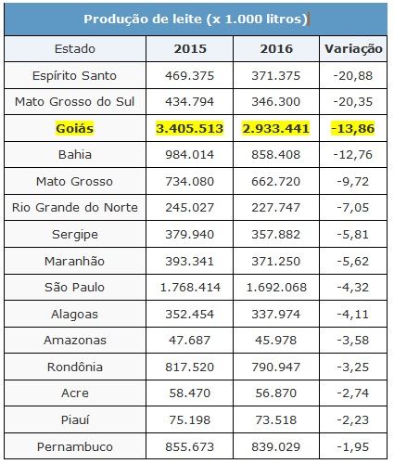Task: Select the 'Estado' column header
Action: (75, 49)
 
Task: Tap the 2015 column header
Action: (190, 49)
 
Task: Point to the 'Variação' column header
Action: (353, 49)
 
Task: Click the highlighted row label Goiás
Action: (75, 128)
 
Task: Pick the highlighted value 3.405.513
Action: (189, 128)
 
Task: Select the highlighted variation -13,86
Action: (353, 128)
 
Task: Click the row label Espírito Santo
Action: (74, 76)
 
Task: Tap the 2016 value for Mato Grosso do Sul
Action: (275, 102)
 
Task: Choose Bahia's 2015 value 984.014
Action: (189, 155)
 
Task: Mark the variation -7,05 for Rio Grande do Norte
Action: (353, 208)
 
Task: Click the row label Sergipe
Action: (75, 235)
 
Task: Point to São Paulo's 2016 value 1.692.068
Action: (276, 288)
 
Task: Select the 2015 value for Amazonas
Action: (189, 341)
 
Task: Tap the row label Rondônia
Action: (75, 367)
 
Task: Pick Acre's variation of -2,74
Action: (353, 393)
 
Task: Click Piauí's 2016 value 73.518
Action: (275, 420)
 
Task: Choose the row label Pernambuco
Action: (75, 447)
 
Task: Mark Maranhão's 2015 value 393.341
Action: (189, 262)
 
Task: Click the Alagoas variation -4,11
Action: (353, 315)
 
